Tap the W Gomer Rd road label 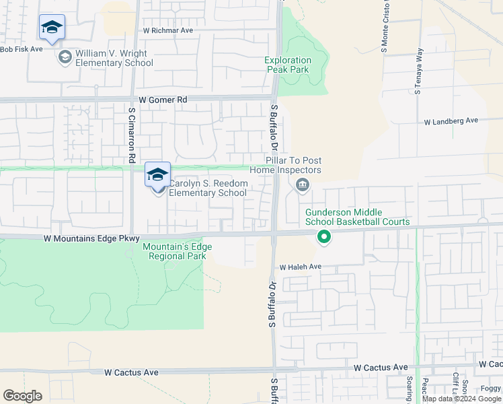pyautogui.click(x=163, y=100)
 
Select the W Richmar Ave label pyautogui.click(x=167, y=31)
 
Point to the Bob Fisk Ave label pyautogui.click(x=21, y=49)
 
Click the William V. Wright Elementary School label pyautogui.click(x=114, y=58)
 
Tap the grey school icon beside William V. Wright pyautogui.click(x=65, y=57)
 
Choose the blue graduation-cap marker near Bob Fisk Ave pyautogui.click(x=52, y=28)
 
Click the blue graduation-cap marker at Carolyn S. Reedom pyautogui.click(x=157, y=175)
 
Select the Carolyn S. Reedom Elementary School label pyautogui.click(x=208, y=188)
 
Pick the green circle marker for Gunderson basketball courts pyautogui.click(x=323, y=236)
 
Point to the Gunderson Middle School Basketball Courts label pyautogui.click(x=357, y=217)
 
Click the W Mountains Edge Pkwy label pyautogui.click(x=91, y=238)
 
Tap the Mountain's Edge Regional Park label pyautogui.click(x=178, y=251)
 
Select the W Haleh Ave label pyautogui.click(x=302, y=267)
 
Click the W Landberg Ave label pyautogui.click(x=451, y=121)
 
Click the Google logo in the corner pyautogui.click(x=22, y=396)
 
